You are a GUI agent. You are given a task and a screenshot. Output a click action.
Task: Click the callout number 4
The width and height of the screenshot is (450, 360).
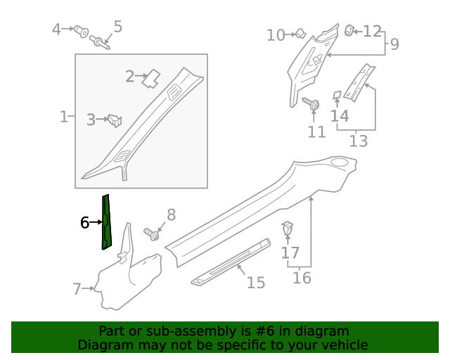(x=57, y=30)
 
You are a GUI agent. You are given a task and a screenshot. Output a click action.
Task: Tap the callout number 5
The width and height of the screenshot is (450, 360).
(x=117, y=27)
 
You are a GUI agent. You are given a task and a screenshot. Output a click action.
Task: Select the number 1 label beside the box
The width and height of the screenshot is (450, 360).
(x=63, y=116)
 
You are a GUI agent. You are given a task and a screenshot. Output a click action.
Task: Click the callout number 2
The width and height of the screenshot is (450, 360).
(x=129, y=76)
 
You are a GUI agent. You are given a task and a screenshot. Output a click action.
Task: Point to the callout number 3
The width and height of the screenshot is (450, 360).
(x=91, y=120)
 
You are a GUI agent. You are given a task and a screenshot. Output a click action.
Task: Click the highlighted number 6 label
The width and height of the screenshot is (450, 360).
(x=84, y=223)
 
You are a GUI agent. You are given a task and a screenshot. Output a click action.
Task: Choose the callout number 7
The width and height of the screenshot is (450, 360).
(x=77, y=288)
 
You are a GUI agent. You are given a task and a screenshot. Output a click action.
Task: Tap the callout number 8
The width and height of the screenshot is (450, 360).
(x=170, y=215)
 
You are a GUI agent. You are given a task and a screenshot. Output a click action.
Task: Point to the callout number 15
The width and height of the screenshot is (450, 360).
(x=256, y=283)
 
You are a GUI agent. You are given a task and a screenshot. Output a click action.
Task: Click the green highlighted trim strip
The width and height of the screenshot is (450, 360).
(x=105, y=221)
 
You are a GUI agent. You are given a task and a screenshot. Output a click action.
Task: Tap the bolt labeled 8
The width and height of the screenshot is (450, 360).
(x=150, y=233)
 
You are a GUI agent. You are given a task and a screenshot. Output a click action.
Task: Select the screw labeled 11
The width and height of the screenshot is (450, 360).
(x=311, y=104)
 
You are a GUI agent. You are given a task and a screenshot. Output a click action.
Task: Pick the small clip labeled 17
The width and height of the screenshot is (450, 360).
(x=288, y=229)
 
